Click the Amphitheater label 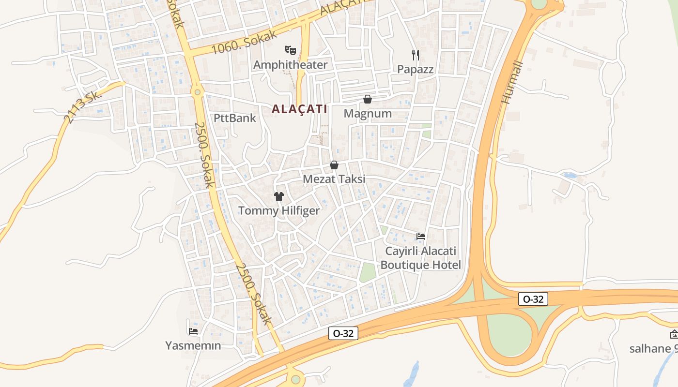tap(290, 65)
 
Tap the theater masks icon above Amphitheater tap(290, 49)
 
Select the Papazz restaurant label tap(415, 69)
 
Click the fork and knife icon tap(415, 54)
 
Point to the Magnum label tap(368, 114)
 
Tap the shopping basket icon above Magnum tap(368, 99)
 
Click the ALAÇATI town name tap(299, 109)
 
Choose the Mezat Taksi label tap(334, 179)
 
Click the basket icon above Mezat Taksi tap(334, 165)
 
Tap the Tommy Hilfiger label tap(279, 211)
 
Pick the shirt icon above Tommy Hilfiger tap(279, 196)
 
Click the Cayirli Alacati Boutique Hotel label tap(420, 258)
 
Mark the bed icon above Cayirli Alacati tap(421, 237)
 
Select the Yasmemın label tap(193, 346)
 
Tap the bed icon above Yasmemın tap(193, 331)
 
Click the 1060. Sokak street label tap(245, 42)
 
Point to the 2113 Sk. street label tap(83, 107)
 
